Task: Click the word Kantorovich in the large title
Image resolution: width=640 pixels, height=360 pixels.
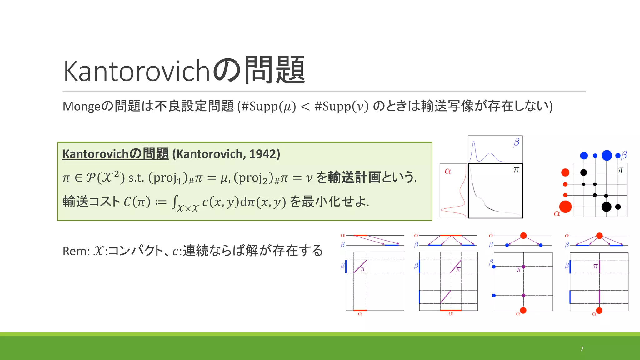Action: [x=136, y=71]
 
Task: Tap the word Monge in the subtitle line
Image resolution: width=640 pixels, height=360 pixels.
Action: [x=82, y=106]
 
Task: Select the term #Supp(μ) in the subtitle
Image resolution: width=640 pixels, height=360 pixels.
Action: [x=268, y=106]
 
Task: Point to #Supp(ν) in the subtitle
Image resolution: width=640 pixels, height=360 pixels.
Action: [x=342, y=106]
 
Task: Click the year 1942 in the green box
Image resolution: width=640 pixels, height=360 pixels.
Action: [x=262, y=154]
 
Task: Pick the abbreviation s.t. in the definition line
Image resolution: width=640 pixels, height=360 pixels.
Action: [x=136, y=178]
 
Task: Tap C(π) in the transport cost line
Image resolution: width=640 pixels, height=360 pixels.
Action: [x=137, y=202]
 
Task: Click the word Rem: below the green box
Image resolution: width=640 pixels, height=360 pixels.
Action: [x=76, y=251]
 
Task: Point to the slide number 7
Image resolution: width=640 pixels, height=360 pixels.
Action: [x=582, y=349]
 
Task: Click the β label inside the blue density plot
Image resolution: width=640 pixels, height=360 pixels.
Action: [x=516, y=142]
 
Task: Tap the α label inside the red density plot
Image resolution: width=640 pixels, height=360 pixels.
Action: [x=448, y=171]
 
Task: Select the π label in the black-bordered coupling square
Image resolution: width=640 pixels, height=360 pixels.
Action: [x=516, y=170]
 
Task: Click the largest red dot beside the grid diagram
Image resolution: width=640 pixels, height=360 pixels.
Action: [x=565, y=207]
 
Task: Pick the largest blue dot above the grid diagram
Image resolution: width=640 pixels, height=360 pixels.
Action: [x=607, y=155]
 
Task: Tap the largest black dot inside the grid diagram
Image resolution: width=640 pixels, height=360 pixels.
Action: [x=606, y=207]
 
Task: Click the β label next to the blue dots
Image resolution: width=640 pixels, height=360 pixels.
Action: [x=624, y=155]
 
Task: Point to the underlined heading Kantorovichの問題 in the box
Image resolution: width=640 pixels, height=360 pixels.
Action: [x=116, y=154]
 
